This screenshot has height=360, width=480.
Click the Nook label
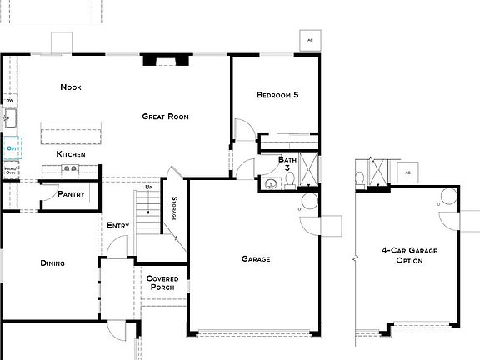click(x=70, y=87)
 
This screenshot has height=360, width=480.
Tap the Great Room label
click(x=165, y=117)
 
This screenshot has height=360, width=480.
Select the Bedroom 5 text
click(x=277, y=95)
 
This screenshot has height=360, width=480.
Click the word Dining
click(x=52, y=263)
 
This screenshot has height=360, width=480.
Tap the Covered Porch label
click(x=161, y=283)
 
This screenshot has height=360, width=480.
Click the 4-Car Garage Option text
click(x=409, y=255)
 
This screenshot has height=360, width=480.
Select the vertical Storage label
click(x=174, y=208)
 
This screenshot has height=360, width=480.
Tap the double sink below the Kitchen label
click(x=70, y=169)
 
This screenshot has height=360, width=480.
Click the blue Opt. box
click(x=12, y=148)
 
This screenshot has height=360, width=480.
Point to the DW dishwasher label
click(x=10, y=101)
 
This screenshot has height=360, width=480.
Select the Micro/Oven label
click(x=10, y=171)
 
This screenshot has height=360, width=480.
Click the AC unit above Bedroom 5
click(x=310, y=40)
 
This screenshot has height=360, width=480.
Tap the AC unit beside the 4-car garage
click(x=408, y=172)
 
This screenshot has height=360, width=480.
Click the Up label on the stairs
click(x=148, y=187)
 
